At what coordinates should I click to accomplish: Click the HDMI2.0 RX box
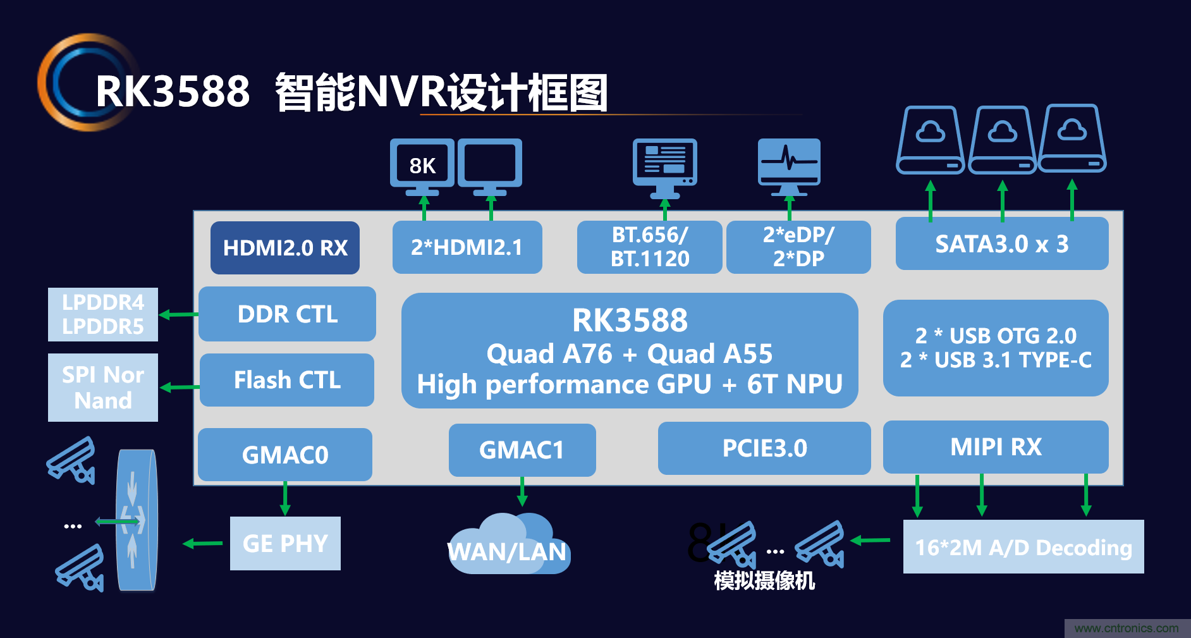click(x=285, y=248)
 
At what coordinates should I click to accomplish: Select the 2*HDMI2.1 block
click(x=467, y=247)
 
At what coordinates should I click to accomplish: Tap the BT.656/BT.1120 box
click(x=649, y=247)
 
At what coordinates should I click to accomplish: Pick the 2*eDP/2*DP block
click(x=798, y=247)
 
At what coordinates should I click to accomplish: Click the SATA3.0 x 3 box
click(x=1001, y=244)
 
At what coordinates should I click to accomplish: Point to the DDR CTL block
click(x=287, y=314)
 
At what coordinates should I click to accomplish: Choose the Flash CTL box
click(x=287, y=380)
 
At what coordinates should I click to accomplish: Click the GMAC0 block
click(x=285, y=455)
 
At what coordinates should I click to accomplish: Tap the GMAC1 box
click(x=522, y=450)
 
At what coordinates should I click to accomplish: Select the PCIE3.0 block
click(x=764, y=448)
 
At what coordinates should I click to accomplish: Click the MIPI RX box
click(x=996, y=447)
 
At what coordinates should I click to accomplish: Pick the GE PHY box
click(x=285, y=544)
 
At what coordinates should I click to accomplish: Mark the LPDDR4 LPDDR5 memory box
click(x=103, y=314)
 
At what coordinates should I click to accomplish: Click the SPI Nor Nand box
click(x=103, y=388)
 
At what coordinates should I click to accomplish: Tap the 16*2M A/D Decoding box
click(x=1023, y=547)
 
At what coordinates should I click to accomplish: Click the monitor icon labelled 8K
click(x=422, y=166)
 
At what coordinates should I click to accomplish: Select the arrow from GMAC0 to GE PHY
click(x=285, y=498)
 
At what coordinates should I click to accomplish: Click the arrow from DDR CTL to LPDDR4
click(x=178, y=314)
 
